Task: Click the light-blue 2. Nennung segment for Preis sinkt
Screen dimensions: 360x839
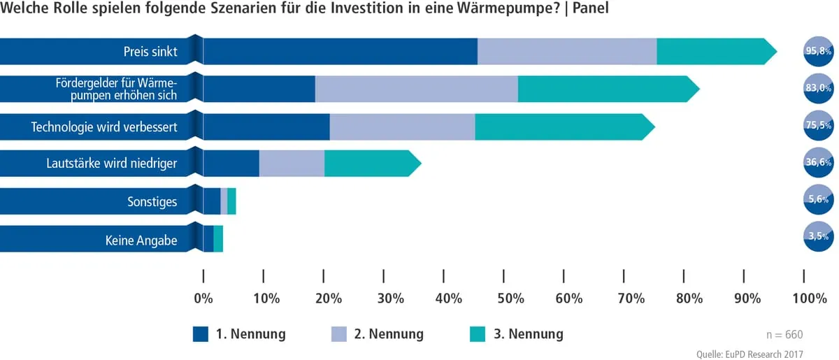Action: click(x=567, y=51)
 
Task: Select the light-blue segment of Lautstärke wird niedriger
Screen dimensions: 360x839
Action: click(x=292, y=164)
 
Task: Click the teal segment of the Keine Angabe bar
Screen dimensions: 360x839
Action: click(x=218, y=238)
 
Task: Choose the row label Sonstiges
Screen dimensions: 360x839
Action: click(x=152, y=202)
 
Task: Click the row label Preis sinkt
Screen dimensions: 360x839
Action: click(x=150, y=52)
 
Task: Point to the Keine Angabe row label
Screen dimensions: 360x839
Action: click(x=141, y=241)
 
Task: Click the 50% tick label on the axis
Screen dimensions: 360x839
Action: click(x=510, y=298)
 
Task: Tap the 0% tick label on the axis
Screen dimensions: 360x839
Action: click(x=203, y=298)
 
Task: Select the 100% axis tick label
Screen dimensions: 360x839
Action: click(x=810, y=298)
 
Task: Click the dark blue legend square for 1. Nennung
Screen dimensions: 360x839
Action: click(x=201, y=334)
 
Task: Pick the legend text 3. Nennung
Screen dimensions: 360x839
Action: click(x=528, y=334)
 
